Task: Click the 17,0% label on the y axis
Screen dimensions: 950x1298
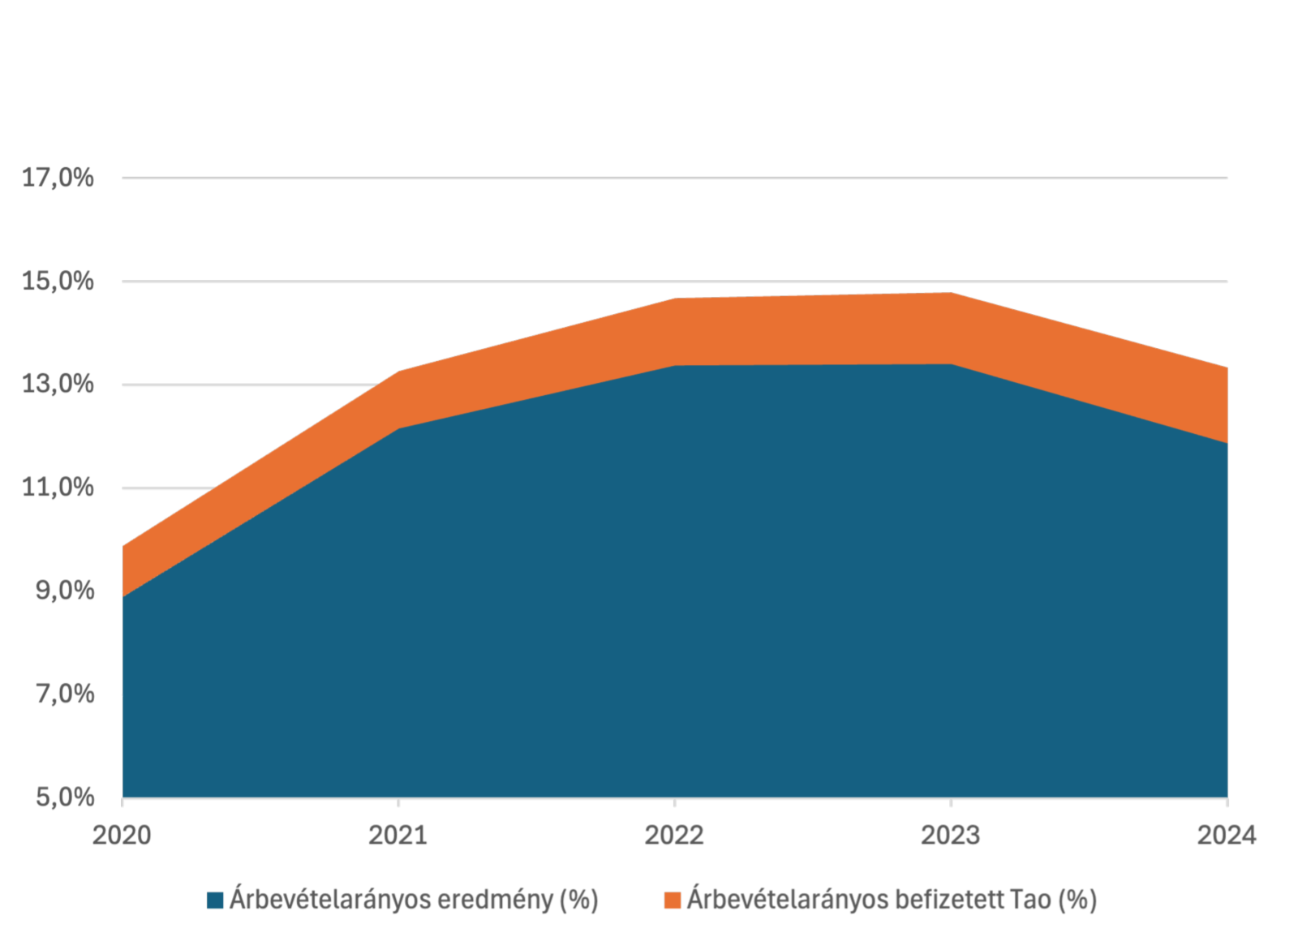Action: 58,178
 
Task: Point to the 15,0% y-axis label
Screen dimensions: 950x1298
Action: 58,282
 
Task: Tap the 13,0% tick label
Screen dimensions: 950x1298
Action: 58,385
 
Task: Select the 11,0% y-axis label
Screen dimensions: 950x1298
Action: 58,488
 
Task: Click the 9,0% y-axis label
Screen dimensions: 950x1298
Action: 64,591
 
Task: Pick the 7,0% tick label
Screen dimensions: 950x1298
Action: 64,694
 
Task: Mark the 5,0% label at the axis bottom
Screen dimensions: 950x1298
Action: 64,797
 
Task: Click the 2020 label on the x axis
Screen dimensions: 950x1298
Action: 122,836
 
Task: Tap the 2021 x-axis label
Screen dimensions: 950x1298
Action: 398,836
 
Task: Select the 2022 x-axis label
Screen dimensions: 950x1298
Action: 674,836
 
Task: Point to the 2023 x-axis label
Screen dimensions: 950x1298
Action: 951,836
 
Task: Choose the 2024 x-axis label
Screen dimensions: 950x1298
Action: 1226,836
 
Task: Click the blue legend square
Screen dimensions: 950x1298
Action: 215,901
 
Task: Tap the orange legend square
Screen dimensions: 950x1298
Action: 672,901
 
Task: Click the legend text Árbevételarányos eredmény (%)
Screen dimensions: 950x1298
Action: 414,900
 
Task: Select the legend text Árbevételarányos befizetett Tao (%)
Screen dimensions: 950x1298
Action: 892,900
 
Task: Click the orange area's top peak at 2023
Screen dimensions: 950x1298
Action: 951,294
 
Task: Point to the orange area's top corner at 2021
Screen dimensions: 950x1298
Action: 398,372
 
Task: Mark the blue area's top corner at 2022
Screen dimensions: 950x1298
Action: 674,366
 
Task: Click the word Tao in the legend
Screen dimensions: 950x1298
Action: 1030,900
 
